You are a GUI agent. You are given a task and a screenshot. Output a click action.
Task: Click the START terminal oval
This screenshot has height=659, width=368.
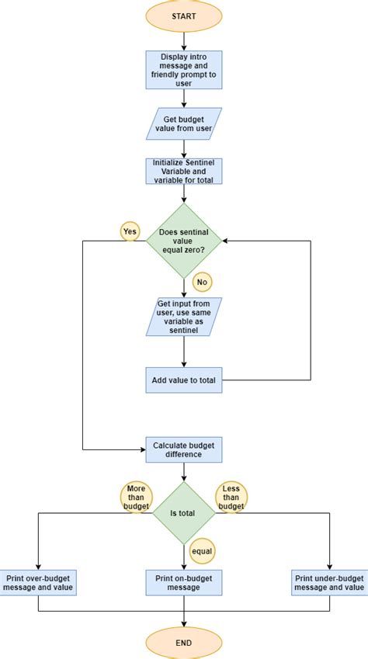coord(184,16)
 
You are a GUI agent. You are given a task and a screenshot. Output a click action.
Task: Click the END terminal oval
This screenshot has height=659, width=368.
coord(184,643)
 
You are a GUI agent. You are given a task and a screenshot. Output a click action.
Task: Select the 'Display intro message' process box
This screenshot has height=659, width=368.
coord(184,69)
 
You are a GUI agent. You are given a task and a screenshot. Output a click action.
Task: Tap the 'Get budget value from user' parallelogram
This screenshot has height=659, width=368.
coord(184,123)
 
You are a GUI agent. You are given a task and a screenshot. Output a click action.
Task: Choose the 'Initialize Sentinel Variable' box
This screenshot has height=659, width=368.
coord(184,172)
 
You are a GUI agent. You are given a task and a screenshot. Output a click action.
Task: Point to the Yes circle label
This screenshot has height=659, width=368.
coord(129,231)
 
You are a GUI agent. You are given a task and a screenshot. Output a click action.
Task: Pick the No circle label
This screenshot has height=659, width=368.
coord(203,282)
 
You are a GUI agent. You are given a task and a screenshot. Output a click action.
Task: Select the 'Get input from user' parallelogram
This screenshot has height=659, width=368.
coord(184,317)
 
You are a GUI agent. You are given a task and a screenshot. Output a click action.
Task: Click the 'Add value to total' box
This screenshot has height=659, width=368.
coord(184,380)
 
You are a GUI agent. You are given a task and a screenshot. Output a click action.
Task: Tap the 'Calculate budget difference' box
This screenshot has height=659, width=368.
coord(184,449)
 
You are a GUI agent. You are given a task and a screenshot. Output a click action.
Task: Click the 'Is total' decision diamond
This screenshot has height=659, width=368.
coord(184,512)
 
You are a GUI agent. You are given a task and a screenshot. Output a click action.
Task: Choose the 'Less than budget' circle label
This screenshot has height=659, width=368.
coord(231,498)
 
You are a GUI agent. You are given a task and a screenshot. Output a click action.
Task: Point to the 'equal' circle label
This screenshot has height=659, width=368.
coord(202,551)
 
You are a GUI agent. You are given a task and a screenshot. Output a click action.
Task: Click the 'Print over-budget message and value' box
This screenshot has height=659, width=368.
coord(38,582)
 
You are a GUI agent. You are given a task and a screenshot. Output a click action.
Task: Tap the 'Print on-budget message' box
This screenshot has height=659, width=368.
coord(184,582)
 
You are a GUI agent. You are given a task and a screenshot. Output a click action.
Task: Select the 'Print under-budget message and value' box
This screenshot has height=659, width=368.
coord(329,582)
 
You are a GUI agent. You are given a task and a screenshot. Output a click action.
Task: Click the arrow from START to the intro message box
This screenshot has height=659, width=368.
coord(184,41)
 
